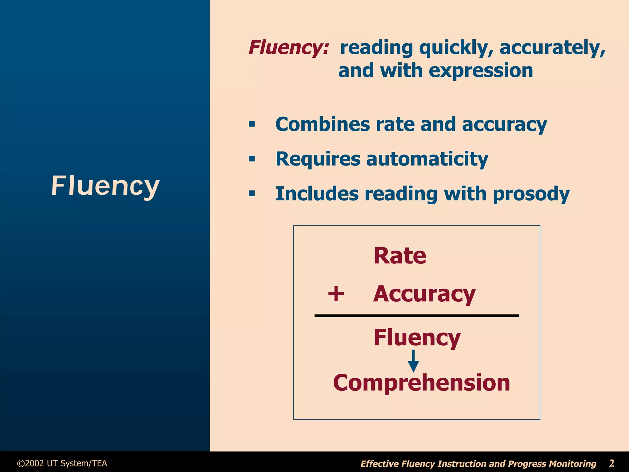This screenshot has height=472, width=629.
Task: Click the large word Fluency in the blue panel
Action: point(105,186)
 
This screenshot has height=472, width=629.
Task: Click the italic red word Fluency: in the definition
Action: point(288,48)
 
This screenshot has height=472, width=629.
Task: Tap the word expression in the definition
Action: point(481,71)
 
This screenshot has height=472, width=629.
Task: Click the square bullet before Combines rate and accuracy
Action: point(252,124)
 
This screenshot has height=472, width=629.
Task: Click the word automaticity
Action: point(427,159)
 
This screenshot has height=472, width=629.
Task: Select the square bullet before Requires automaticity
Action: point(252,159)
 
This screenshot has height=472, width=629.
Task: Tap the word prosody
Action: point(531,194)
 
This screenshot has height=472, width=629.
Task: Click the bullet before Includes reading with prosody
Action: point(252,194)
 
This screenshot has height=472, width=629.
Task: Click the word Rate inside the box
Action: point(400,256)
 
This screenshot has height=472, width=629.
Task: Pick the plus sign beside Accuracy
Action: point(336,294)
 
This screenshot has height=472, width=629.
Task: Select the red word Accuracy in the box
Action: point(424,294)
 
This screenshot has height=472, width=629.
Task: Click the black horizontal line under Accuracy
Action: point(416,315)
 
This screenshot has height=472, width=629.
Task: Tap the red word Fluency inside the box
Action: point(417,337)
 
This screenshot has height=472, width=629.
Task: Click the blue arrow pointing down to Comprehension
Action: point(413,361)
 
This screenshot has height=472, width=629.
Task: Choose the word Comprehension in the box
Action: point(421,383)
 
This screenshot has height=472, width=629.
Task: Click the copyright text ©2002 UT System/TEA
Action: point(62,463)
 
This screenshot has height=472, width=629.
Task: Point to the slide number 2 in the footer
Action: point(611,463)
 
